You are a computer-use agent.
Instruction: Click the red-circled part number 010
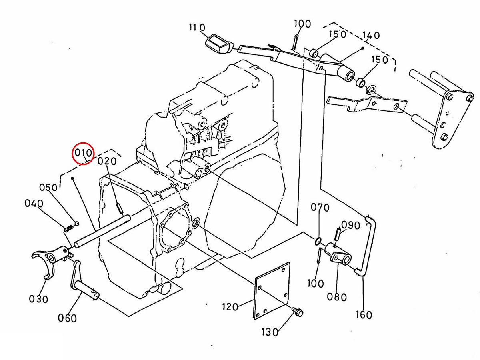[x=83, y=152]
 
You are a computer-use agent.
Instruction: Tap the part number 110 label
[x=197, y=27]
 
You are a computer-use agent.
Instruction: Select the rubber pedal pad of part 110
[x=219, y=44]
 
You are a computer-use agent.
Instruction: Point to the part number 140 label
[x=371, y=35]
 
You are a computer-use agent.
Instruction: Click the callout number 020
[x=107, y=161]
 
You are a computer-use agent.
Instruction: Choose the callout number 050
[x=48, y=187]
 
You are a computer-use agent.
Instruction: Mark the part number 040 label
[x=34, y=203]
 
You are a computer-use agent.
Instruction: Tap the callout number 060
[x=67, y=318]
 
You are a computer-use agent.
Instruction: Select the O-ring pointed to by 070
[x=318, y=241]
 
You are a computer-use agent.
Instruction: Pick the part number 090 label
[x=350, y=225]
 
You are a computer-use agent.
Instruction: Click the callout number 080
[x=337, y=297]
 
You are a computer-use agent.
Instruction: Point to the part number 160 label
[x=364, y=315]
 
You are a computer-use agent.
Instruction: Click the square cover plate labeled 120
[x=272, y=291]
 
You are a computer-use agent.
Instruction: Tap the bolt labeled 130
[x=298, y=312]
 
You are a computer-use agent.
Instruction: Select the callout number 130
[x=270, y=332]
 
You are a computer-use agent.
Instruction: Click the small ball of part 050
[x=77, y=223]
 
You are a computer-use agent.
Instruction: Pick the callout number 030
[x=38, y=299]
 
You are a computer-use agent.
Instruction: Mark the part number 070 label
[x=320, y=208]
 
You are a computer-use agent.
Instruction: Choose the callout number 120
[x=230, y=307]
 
